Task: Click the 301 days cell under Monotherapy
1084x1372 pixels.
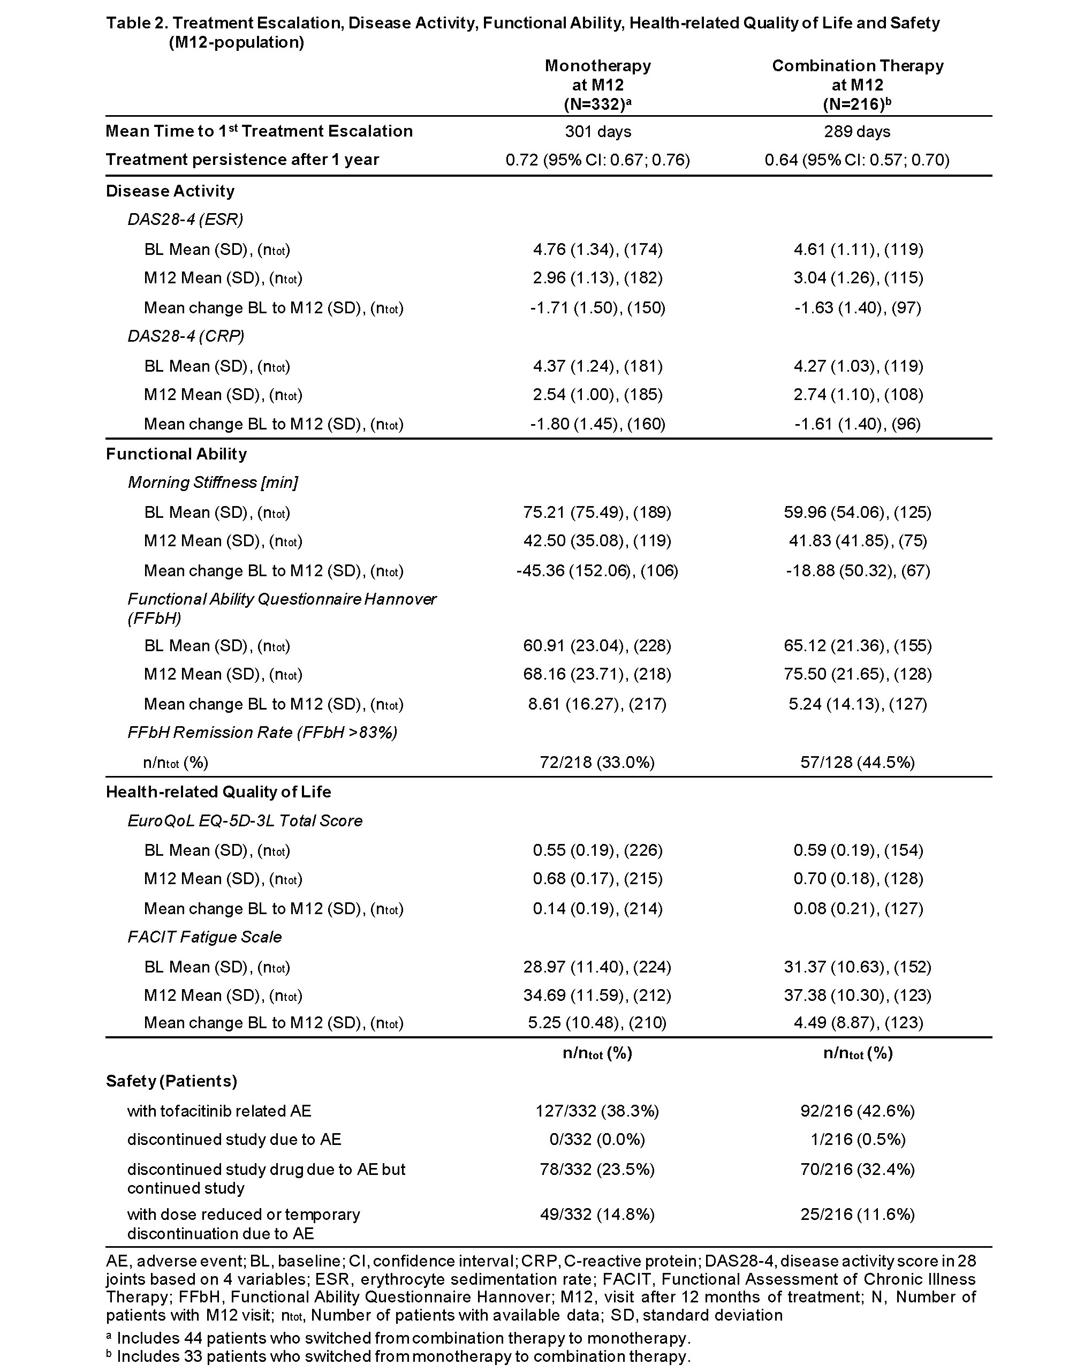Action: tap(598, 131)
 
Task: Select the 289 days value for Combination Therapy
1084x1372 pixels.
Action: tap(857, 131)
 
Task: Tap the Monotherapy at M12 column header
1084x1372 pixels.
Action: tap(598, 85)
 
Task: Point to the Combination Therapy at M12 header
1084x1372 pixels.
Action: tap(858, 85)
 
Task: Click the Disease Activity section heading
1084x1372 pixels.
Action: tap(170, 191)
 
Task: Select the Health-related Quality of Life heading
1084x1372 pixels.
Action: tap(218, 791)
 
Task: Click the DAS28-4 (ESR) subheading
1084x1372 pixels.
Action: tap(185, 220)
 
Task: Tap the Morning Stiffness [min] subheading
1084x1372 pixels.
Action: tap(213, 483)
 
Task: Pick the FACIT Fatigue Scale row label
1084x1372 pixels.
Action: tap(204, 937)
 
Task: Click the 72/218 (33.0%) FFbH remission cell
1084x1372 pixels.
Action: tap(597, 762)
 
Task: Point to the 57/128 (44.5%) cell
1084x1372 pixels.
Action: tap(858, 762)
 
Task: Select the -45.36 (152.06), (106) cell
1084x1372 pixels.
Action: tap(597, 571)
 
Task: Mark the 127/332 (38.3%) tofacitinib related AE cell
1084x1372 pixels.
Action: tap(597, 1111)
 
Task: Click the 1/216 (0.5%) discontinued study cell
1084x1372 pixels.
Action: tap(858, 1140)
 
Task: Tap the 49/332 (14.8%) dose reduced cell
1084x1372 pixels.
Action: tap(597, 1215)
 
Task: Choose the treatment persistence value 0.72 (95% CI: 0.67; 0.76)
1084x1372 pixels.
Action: tap(597, 160)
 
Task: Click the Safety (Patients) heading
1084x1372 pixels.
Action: tap(171, 1081)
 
